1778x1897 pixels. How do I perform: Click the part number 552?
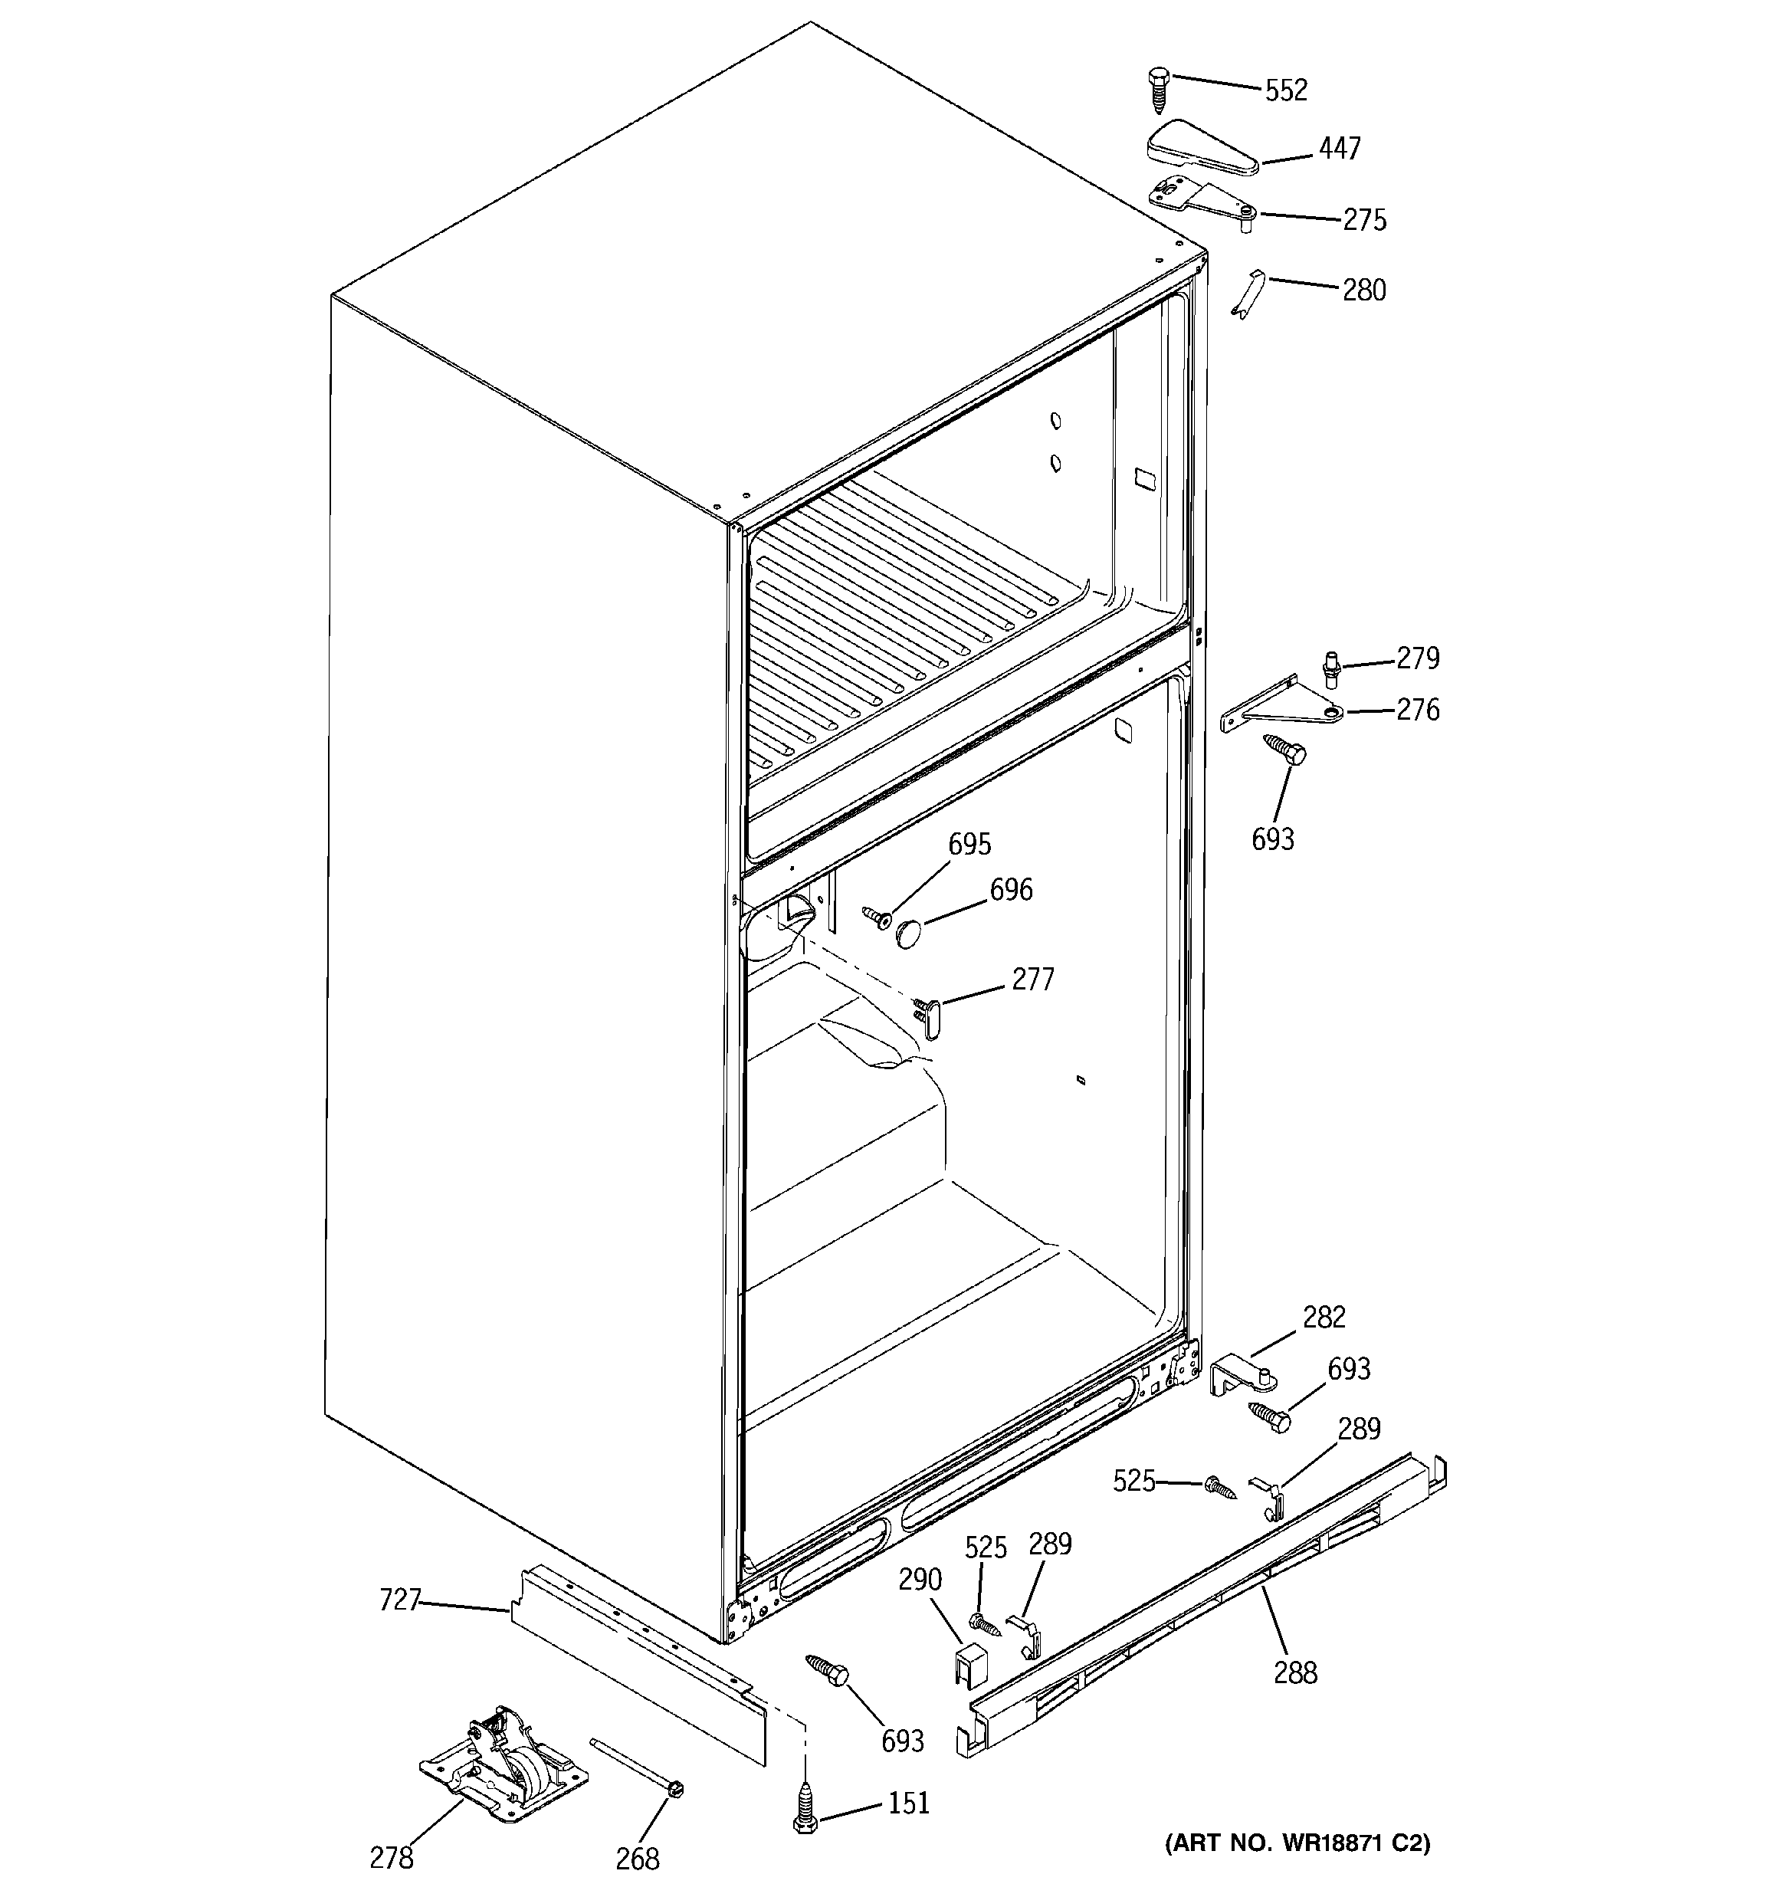click(1284, 90)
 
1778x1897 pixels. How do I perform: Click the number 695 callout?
click(969, 844)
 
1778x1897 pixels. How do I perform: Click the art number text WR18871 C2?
click(1298, 1843)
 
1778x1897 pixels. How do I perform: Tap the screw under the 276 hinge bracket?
click(1284, 748)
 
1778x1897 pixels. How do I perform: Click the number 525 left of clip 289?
click(1133, 1481)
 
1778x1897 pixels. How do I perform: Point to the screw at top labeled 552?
click(1160, 90)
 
